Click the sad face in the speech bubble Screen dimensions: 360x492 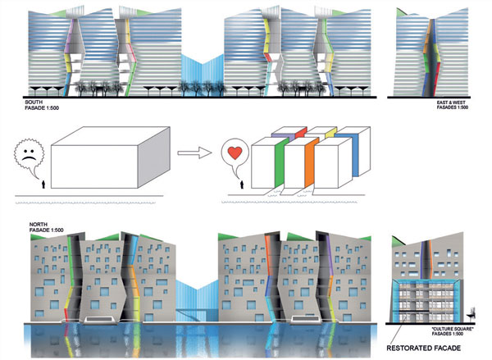click(x=28, y=153)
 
